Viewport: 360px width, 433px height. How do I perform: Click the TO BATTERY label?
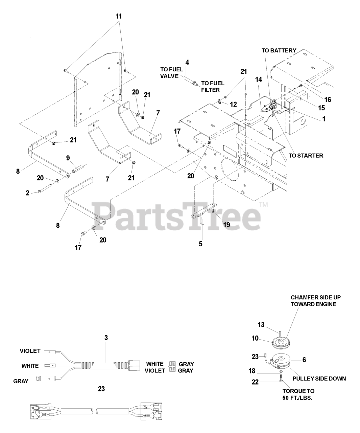click(x=279, y=51)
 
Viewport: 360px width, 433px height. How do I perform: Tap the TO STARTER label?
click(x=306, y=156)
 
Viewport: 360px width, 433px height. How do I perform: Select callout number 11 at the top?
click(x=119, y=16)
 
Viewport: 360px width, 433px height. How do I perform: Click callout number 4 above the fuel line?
click(x=187, y=63)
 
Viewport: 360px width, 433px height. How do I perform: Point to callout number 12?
click(x=233, y=105)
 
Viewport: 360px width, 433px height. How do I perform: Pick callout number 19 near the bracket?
click(x=226, y=225)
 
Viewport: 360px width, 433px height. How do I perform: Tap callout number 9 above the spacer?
click(x=68, y=158)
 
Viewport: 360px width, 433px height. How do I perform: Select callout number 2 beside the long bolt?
click(x=27, y=193)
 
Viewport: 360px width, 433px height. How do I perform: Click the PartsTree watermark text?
click(x=176, y=216)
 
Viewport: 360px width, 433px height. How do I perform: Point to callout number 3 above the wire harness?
click(x=106, y=338)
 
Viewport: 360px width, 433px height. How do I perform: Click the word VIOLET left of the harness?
click(x=30, y=351)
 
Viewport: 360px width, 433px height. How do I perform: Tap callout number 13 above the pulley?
click(x=261, y=325)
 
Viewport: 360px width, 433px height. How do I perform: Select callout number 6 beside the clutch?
click(x=304, y=360)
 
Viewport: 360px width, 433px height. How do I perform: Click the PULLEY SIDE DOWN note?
click(x=319, y=379)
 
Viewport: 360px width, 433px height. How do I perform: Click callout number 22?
click(x=255, y=382)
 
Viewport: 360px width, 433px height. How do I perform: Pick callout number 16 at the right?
click(x=328, y=100)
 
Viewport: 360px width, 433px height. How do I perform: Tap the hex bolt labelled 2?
click(x=45, y=189)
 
